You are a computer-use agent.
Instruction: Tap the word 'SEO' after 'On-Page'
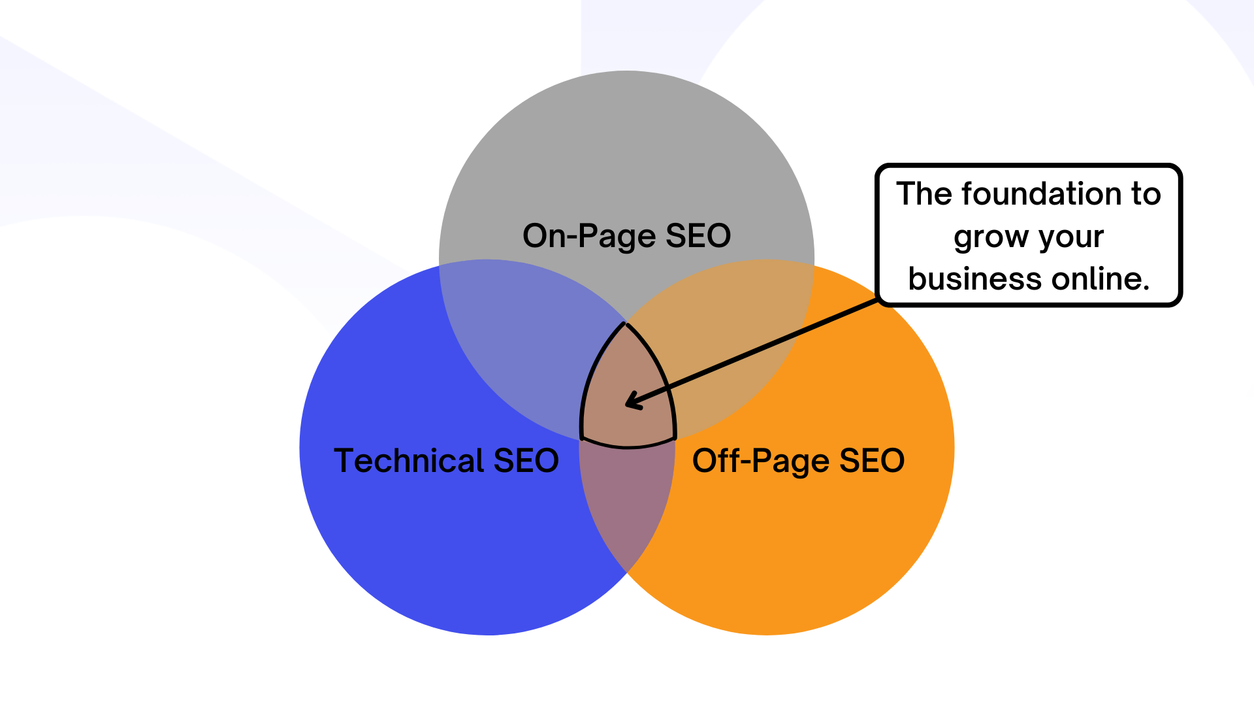[x=698, y=236]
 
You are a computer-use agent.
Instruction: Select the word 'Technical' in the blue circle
[x=409, y=460]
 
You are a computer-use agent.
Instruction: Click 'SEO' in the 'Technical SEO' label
[x=526, y=460]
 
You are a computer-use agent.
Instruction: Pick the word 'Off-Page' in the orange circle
[x=760, y=462]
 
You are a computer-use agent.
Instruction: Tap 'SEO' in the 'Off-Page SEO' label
[x=871, y=460]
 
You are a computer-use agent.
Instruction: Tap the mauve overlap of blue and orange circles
[x=627, y=503]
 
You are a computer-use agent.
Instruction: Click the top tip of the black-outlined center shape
[x=626, y=324]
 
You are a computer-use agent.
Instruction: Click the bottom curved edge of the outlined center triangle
[x=628, y=447]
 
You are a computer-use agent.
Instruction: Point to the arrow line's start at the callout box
[x=876, y=301]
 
